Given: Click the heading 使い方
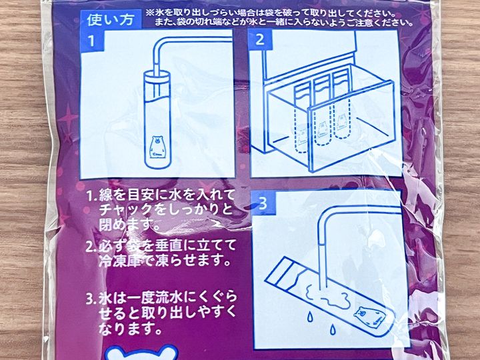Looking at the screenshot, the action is coord(111,19).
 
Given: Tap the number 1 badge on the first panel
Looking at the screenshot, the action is coord(91,41).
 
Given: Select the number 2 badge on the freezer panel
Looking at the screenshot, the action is coord(260,40).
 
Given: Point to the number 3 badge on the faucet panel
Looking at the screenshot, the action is coord(263,203).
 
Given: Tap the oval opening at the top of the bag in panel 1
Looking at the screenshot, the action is coord(157,75).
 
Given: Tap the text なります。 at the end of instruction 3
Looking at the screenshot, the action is coord(130,329).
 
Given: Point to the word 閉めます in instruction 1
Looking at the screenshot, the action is coord(125,225).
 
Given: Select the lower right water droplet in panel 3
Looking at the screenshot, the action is coord(332,330).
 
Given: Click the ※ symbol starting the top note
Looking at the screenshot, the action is coord(150,14).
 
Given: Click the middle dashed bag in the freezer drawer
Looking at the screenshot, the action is coord(323,113).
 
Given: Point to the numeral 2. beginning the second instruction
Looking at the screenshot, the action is coord(91,247).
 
